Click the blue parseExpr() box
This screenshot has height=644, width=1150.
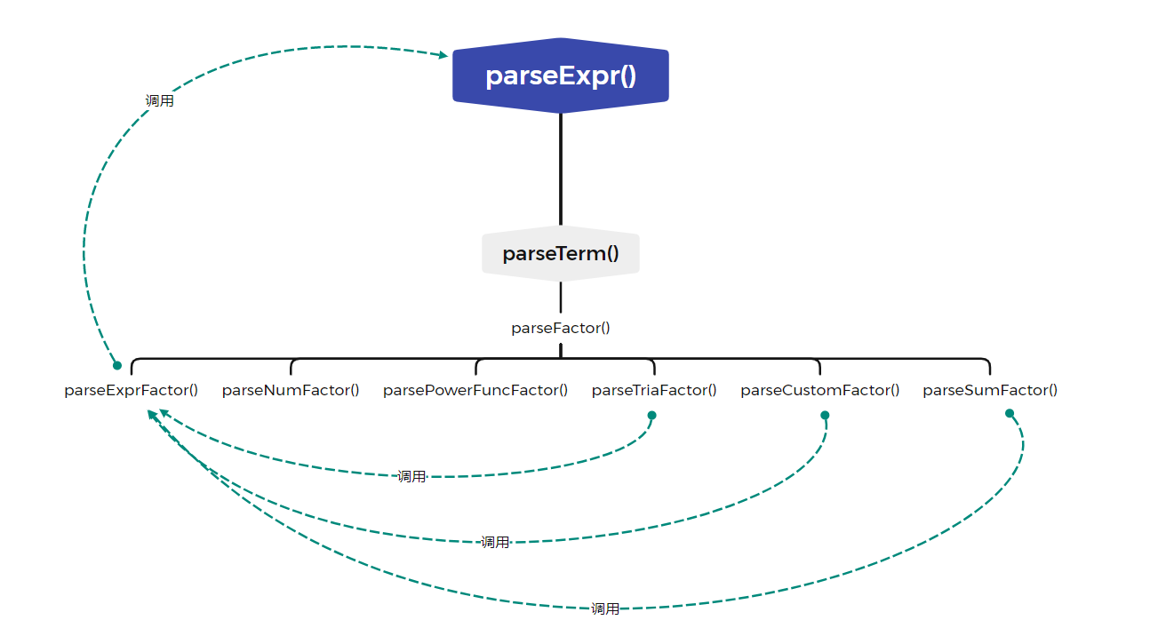(561, 76)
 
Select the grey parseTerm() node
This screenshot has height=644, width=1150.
(561, 253)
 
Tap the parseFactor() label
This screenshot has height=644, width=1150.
(561, 328)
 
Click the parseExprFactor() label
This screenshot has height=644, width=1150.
(131, 391)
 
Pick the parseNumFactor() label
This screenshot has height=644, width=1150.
(291, 391)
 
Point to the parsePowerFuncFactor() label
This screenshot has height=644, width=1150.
(475, 391)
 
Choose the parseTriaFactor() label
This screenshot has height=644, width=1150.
(654, 391)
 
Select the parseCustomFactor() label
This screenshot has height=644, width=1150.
(820, 391)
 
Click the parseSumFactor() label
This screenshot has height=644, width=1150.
(990, 391)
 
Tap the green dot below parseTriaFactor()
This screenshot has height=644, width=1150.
(651, 415)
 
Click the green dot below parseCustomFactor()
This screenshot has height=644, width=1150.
(825, 415)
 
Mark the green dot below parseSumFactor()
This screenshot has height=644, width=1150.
(1010, 413)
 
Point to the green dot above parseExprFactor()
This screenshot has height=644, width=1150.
(117, 365)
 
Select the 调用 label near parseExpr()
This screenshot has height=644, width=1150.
(160, 100)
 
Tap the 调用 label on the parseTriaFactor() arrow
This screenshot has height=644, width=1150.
(411, 477)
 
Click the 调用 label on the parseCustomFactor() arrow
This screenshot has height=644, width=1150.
(495, 543)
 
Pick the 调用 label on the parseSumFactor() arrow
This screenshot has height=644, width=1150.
(605, 609)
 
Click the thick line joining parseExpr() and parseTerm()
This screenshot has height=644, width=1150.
(561, 170)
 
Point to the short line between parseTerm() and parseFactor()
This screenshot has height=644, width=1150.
(561, 297)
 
